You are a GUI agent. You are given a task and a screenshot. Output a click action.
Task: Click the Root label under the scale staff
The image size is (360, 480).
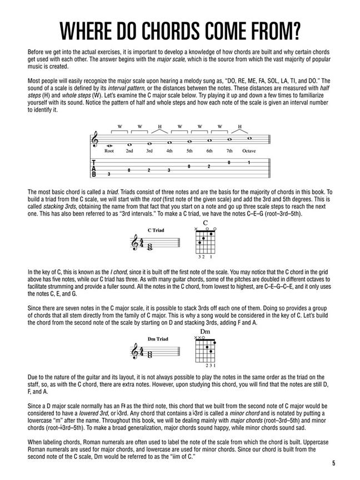click(x=109, y=151)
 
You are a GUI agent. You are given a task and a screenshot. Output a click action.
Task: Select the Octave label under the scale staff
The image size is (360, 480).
click(x=249, y=151)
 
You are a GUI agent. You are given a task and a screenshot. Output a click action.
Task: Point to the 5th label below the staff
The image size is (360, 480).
click(x=189, y=151)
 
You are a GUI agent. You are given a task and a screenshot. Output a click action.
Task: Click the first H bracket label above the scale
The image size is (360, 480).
click(x=159, y=127)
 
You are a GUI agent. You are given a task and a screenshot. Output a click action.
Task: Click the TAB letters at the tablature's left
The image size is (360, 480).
click(x=94, y=168)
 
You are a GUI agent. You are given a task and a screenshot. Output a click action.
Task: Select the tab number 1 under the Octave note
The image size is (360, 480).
click(x=249, y=162)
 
